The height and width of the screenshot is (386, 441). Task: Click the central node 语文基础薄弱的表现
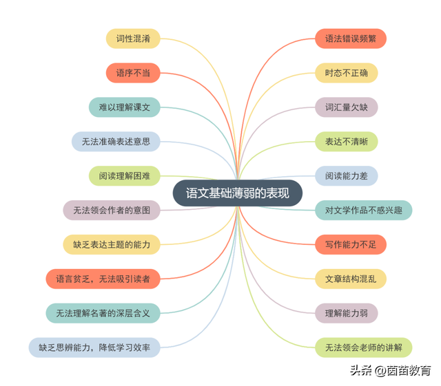pos(237,193)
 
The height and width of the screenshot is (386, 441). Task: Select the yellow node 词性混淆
pos(133,39)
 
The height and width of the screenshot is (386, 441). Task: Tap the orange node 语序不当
pos(133,73)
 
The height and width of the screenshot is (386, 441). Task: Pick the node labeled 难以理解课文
pos(125,107)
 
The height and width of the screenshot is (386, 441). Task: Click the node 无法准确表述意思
pos(116,142)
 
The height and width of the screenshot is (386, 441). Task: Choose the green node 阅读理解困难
pos(125,175)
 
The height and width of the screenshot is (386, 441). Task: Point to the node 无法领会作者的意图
pos(112,210)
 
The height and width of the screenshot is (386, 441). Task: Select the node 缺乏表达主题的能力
pos(112,244)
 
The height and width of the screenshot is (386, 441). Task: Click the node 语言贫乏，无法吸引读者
pos(103,279)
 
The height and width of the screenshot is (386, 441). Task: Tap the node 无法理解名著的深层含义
pos(103,313)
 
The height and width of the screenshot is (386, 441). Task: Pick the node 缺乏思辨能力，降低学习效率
pos(94,347)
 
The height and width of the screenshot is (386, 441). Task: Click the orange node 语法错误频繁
pos(351,39)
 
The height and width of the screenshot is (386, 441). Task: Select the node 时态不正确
pos(347,73)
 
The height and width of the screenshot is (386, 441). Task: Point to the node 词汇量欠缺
pos(347,107)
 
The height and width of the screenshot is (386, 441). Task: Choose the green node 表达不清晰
pos(347,142)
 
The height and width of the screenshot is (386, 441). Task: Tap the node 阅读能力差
pos(347,176)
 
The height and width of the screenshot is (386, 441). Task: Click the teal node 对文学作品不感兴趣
pos(364,210)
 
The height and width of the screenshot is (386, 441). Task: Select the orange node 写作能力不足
pos(351,244)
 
